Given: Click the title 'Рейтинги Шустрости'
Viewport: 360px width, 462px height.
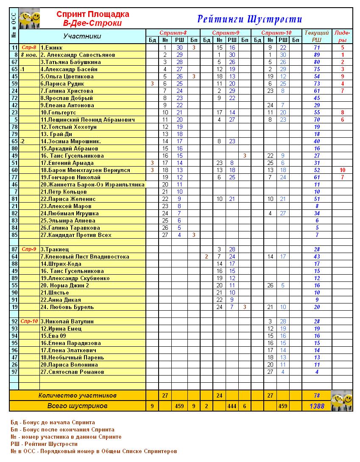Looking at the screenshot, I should (249, 19).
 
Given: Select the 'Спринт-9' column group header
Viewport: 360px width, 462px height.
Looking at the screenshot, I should (225, 33).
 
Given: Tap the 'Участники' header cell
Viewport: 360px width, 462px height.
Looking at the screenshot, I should (82, 36).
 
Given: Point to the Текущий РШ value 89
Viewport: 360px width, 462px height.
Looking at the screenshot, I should (317, 55).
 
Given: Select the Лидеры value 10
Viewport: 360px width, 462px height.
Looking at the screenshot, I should (342, 170).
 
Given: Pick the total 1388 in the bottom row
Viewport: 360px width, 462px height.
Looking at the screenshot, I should (317, 406).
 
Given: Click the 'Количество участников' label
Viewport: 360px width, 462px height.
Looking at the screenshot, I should (77, 395).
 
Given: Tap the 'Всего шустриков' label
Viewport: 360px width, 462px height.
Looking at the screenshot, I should (77, 406).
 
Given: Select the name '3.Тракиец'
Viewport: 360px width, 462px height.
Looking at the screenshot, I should (55, 250).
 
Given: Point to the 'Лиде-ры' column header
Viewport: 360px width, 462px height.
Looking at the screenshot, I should (342, 36).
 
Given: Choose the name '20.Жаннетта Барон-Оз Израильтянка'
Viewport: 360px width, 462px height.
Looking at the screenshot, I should (92, 185).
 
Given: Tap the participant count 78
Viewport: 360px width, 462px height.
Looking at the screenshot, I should (317, 395).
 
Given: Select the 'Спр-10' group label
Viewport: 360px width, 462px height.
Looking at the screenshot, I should (29, 321).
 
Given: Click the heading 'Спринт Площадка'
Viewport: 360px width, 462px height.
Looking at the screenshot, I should (93, 14).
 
